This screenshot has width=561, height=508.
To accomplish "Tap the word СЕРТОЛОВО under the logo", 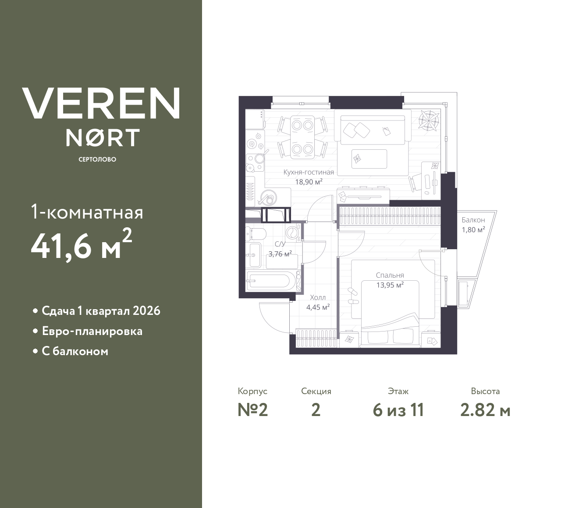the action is click(97, 159).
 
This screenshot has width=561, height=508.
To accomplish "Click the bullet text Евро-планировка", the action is click(92, 332).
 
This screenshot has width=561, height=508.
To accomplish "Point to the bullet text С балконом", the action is click(75, 351).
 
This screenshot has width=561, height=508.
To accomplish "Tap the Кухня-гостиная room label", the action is click(309, 172).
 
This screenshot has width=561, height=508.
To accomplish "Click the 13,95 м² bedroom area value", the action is click(390, 285).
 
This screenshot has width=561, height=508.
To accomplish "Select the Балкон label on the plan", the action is click(473, 220).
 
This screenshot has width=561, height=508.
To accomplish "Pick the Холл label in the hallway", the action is click(318, 298).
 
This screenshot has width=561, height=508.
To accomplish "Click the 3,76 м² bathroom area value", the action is click(280, 254).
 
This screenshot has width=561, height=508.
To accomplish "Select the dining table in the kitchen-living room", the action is click(302, 137).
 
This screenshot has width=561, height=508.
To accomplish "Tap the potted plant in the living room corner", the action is click(429, 120).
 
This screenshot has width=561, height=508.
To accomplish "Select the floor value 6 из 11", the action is click(398, 410).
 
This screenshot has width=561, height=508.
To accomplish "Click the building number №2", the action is click(253, 410).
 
